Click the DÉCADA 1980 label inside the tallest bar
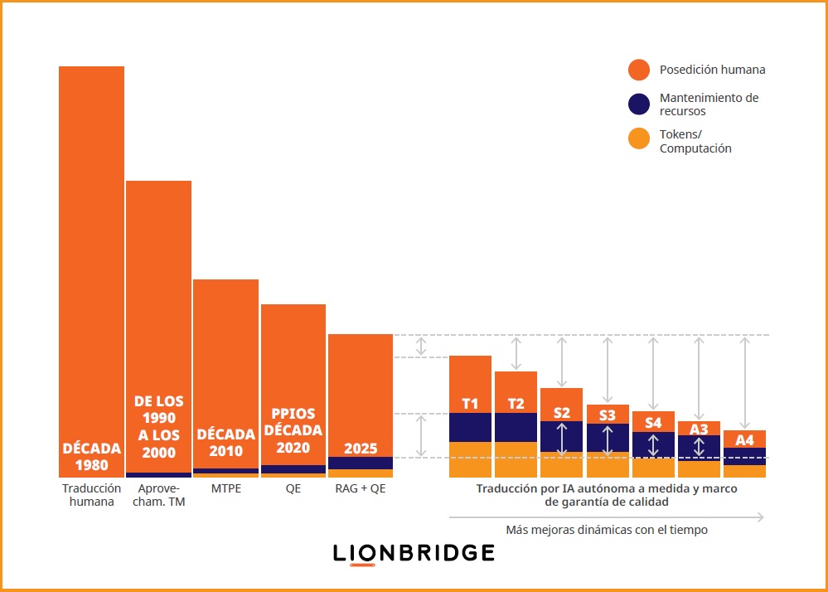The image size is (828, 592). pos(91,457)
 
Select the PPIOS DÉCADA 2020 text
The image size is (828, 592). pos(293,430)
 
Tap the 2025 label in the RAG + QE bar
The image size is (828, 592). pos(361,449)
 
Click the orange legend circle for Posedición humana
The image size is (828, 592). pos(638,70)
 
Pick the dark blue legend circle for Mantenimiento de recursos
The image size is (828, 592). pos(638,104)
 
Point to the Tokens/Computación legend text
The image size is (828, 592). pos(695,141)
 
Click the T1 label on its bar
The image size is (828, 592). pos(470,404)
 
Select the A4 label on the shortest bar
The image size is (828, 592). pos(744,439)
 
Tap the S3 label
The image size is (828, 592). pos(608,415)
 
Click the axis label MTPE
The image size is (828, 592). pos(225,488)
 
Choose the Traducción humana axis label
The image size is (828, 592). pos(91,495)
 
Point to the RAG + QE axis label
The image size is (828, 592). pos(361,488)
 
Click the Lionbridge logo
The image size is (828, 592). pos(414,553)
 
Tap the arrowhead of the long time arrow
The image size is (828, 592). pos(760,517)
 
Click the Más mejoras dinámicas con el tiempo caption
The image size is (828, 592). pos(606,529)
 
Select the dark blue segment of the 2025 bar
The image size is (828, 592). pos(361,463)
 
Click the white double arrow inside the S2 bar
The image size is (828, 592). pos(562,436)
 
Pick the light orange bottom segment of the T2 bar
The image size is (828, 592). pos(516,459)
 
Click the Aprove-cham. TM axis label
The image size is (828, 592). pos(158,495)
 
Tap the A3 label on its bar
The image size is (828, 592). pos(699,429)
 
